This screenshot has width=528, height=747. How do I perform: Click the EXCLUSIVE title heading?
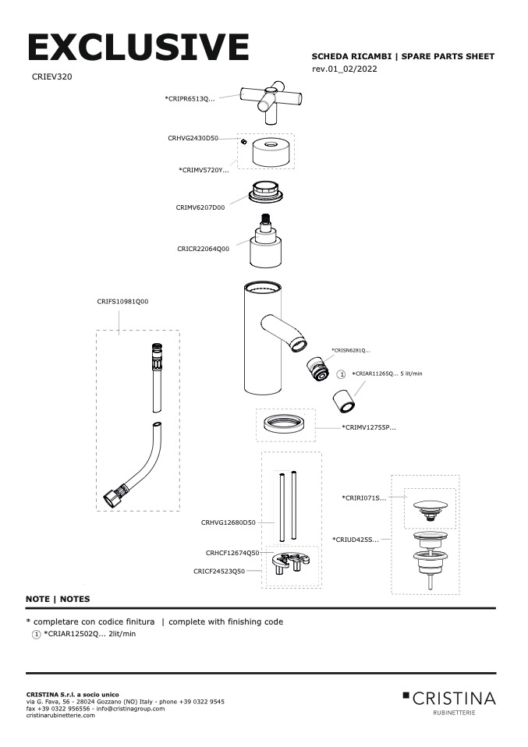tap(138, 48)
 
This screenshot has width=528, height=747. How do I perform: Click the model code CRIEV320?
tap(52, 77)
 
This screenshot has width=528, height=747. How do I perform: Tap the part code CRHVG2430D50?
tap(193, 138)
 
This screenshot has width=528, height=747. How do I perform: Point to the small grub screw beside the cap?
tap(243, 143)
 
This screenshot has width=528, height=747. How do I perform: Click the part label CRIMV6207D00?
tap(200, 207)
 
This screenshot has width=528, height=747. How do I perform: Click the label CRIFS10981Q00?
tap(122, 301)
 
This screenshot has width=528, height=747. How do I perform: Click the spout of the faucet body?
tap(282, 331)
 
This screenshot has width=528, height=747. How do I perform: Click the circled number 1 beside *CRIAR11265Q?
tap(341, 374)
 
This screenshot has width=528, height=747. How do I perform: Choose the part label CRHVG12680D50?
tap(228, 522)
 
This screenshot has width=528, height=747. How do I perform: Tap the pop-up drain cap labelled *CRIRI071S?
tap(430, 504)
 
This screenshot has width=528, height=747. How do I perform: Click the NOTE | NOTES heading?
tap(58, 599)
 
